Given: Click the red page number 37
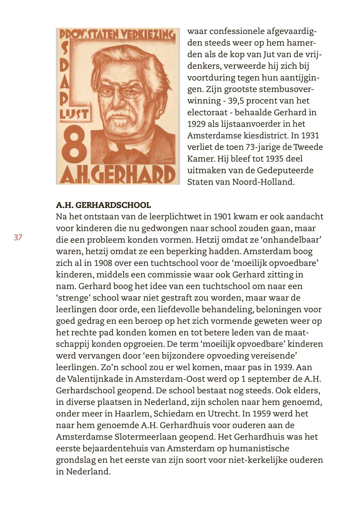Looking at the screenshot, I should tap(18, 238).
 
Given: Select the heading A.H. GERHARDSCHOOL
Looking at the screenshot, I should tap(103, 205).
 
